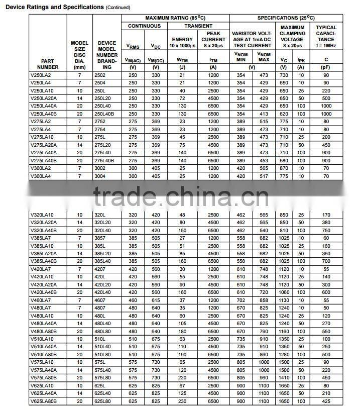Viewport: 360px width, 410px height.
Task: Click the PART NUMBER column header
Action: pos(48,64)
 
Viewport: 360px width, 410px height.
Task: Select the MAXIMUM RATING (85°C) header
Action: pos(175,18)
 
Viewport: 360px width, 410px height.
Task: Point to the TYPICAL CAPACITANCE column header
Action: pos(326,36)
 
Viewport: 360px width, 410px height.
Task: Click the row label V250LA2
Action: pos(41,75)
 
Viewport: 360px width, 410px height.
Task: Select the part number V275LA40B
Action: pos(44,161)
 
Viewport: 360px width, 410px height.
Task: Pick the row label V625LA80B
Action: pos(44,401)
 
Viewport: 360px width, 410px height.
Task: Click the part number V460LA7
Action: pos(41,300)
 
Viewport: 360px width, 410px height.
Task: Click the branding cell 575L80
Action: pos(103,377)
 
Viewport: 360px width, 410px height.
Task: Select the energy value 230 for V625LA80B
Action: pos(182,401)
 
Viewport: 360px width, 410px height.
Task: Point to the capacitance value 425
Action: pos(326,401)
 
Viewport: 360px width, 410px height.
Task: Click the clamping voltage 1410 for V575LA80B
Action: pos(284,377)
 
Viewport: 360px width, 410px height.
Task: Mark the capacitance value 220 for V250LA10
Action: pos(326,90)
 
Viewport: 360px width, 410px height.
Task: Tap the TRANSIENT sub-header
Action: pos(198,26)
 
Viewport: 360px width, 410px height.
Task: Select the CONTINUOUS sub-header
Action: pos(144,26)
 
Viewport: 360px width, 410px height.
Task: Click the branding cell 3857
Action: pos(100,238)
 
